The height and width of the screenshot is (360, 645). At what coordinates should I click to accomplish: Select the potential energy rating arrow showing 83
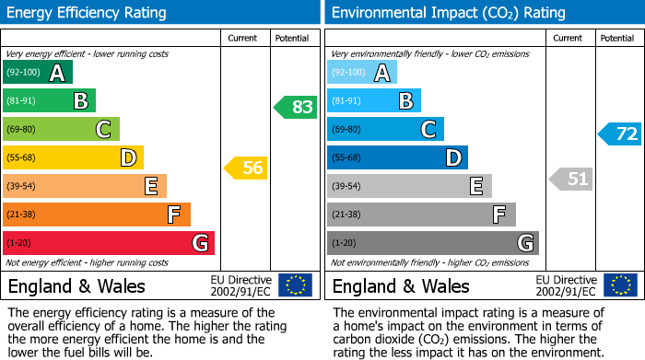pos(295,107)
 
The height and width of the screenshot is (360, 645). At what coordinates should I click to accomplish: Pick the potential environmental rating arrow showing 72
pos(619,134)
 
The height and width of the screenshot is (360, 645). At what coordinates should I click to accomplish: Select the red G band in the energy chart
pos(109,243)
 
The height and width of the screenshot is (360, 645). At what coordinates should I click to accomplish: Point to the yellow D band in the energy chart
pos(73,158)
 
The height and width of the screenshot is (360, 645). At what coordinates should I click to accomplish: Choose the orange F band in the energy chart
pos(97,215)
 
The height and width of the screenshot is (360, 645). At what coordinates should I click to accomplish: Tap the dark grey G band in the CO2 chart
pos(432,243)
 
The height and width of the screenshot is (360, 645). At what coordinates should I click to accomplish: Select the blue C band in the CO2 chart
pos(385,130)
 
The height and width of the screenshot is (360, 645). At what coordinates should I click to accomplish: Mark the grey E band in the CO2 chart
pos(409,186)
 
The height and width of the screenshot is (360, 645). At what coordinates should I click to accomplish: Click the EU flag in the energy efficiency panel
pos(295,285)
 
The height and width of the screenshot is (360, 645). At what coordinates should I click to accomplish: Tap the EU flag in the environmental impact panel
pos(619,285)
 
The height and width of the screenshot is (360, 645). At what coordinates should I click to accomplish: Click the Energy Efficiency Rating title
pos(88,13)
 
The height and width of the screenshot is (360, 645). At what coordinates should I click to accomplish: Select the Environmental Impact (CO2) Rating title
pos(448,13)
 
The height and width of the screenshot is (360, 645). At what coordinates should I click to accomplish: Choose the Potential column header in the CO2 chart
pos(617,38)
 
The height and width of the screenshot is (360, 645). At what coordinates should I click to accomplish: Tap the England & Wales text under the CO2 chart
pos(401,285)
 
